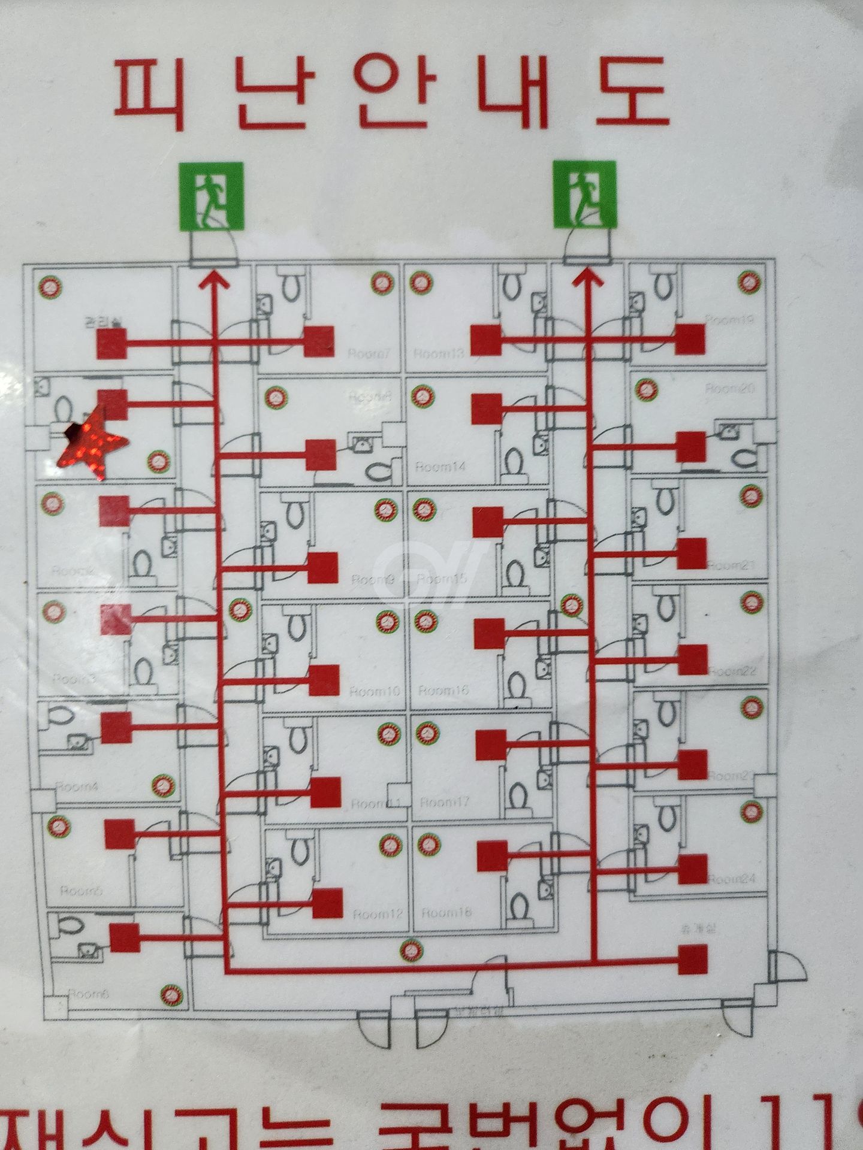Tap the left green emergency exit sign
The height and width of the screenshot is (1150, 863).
tap(212, 196)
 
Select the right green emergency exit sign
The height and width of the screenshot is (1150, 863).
tap(584, 193)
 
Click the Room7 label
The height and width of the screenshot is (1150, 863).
tap(369, 354)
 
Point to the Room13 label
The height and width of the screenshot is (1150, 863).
tap(439, 353)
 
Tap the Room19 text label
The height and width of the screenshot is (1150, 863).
tap(729, 319)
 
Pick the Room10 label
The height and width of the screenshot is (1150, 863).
tap(375, 692)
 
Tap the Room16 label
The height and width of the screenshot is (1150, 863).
tap(444, 691)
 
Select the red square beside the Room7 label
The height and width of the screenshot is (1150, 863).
tap(319, 341)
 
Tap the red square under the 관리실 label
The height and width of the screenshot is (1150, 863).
tap(112, 344)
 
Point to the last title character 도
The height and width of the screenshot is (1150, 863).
tap(632, 91)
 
